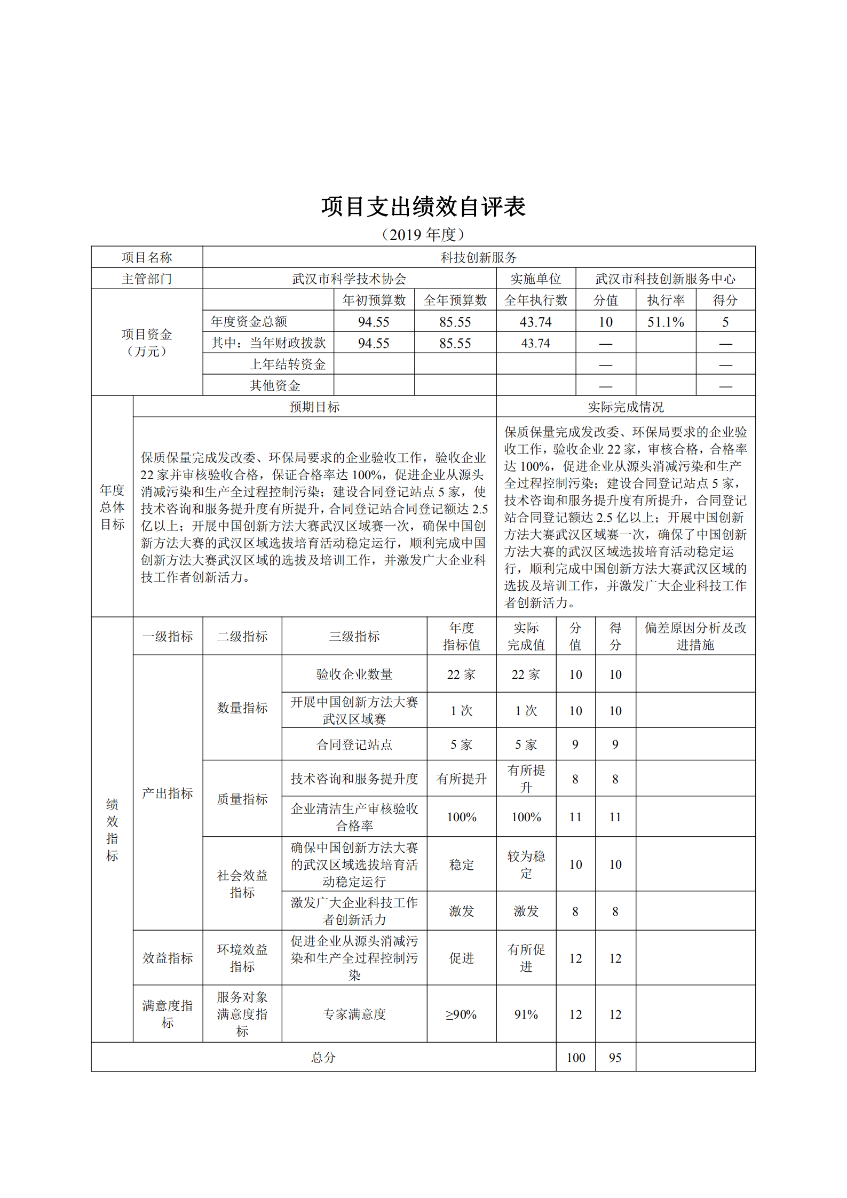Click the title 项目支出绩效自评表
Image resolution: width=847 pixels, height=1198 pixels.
click(423, 207)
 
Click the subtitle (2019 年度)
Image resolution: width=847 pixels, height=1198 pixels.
click(423, 234)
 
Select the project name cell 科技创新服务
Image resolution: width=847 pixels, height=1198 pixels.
click(478, 257)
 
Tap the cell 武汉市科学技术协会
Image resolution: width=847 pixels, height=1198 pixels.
click(349, 279)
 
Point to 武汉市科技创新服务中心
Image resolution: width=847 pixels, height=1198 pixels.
click(665, 279)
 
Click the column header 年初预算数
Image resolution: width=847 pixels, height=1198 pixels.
click(374, 300)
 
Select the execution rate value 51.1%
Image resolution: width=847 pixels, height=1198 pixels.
click(666, 322)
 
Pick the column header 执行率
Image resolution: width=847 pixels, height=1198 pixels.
click(666, 300)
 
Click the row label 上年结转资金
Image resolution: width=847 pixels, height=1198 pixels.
click(288, 364)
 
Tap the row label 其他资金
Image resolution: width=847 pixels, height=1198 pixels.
click(275, 385)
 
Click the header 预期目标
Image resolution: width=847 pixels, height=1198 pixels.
click(314, 407)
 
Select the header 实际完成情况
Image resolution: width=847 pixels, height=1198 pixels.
click(626, 407)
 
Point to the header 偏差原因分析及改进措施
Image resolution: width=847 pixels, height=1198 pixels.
click(695, 636)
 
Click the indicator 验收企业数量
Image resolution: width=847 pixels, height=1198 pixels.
click(354, 674)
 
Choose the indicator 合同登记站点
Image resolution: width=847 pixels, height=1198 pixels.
click(354, 744)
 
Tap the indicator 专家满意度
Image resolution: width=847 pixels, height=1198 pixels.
click(354, 1014)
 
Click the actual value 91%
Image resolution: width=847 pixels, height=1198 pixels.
click(526, 1014)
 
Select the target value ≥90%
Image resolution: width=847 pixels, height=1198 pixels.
click(461, 1014)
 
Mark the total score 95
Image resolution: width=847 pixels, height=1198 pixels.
click(615, 1057)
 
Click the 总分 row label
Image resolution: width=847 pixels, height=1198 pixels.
click(323, 1057)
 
